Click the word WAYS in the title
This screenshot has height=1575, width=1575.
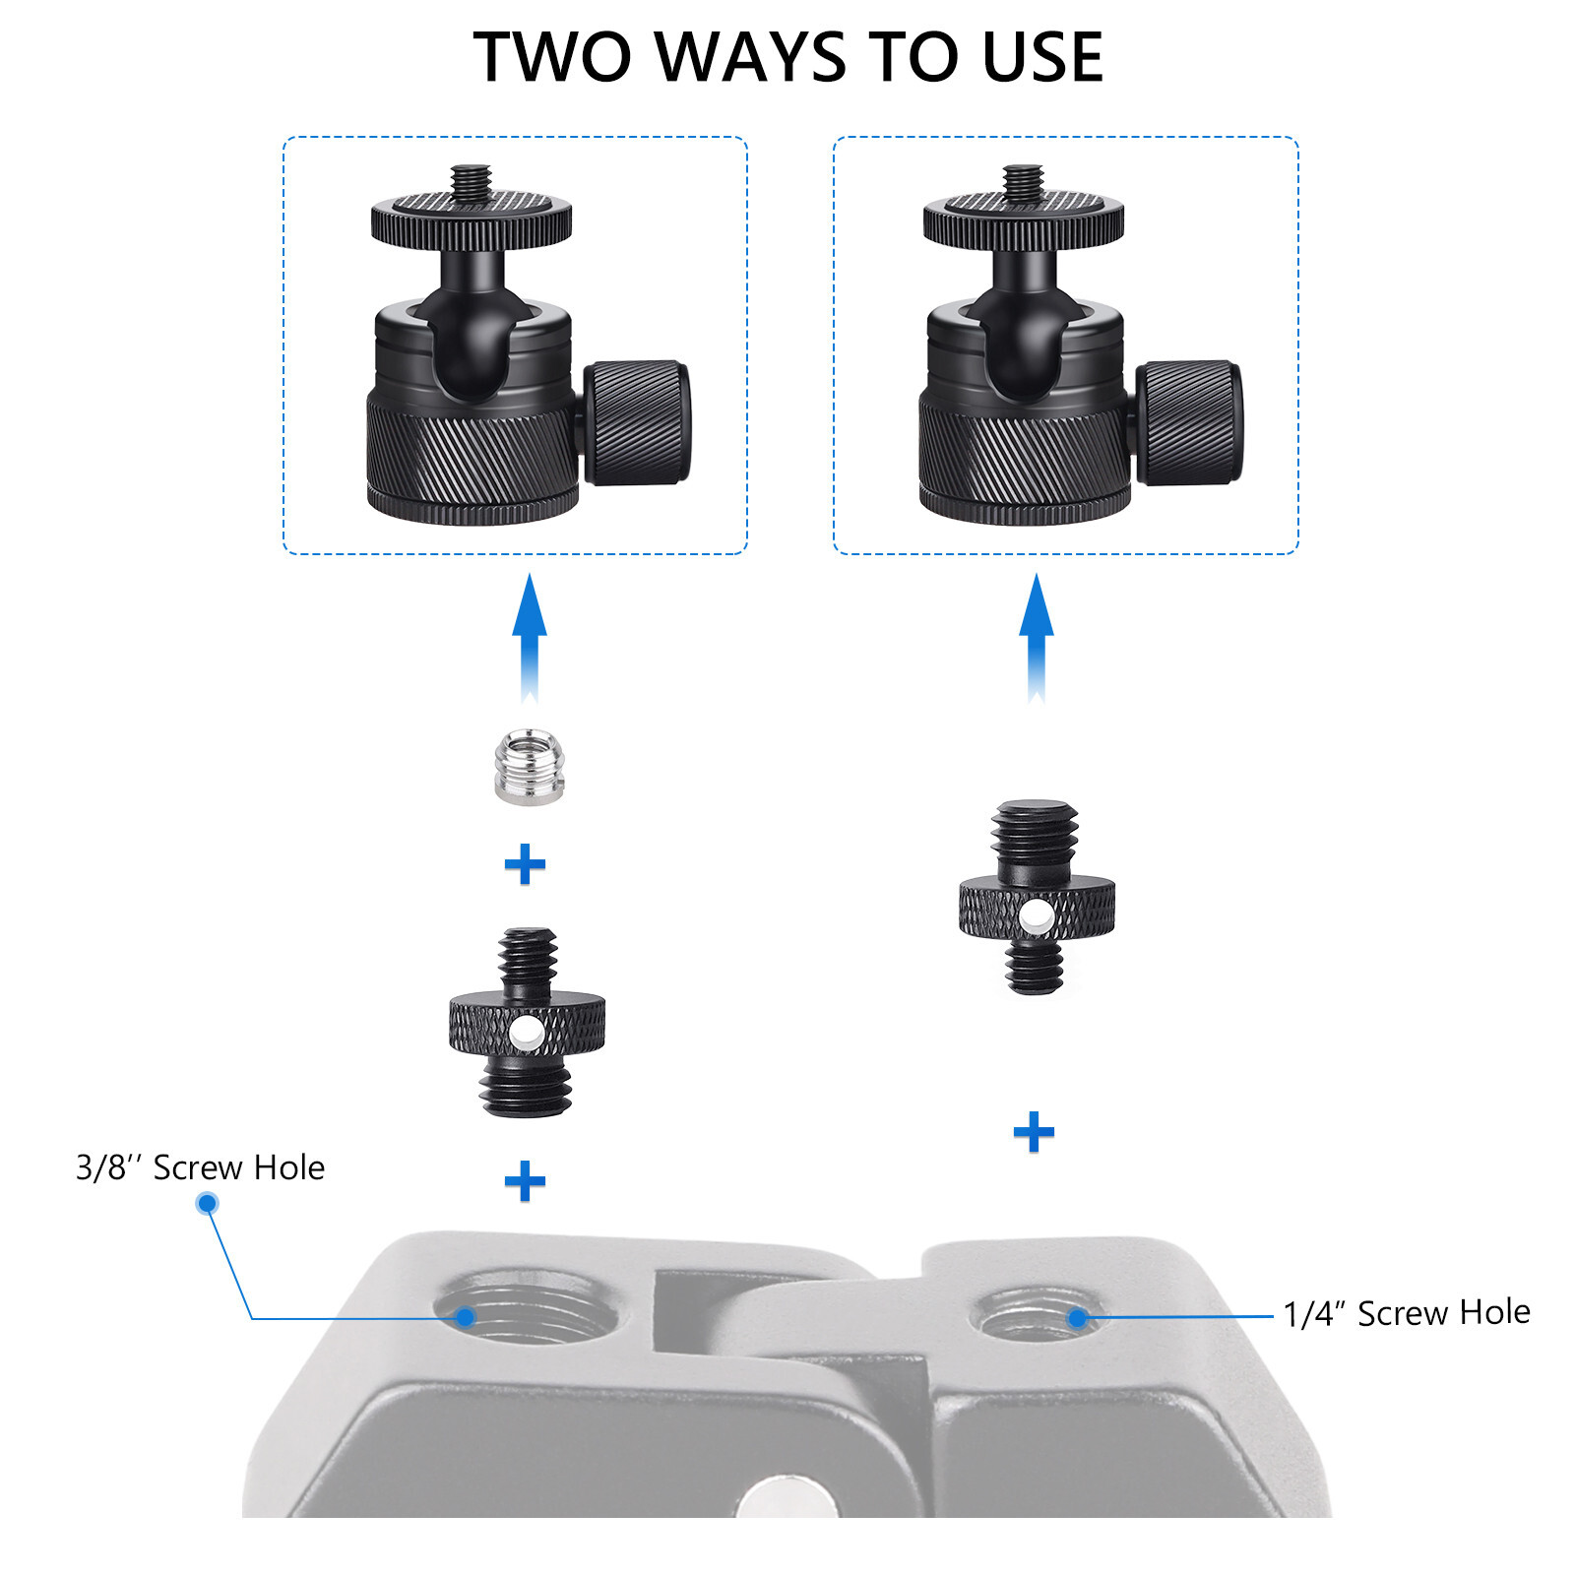pyautogui.click(x=754, y=57)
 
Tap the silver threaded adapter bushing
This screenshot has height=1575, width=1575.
pyautogui.click(x=529, y=767)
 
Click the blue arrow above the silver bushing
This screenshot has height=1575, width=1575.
pyautogui.click(x=530, y=638)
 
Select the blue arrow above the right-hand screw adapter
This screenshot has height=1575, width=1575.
pyautogui.click(x=1036, y=638)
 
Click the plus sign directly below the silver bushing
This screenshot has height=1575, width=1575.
pyautogui.click(x=525, y=864)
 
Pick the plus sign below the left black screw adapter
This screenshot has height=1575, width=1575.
pyautogui.click(x=525, y=1181)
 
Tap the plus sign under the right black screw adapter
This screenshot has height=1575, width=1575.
pyautogui.click(x=1034, y=1132)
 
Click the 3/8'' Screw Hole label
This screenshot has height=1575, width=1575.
pyautogui.click(x=200, y=1167)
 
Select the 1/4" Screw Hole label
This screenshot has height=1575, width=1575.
pyautogui.click(x=1407, y=1313)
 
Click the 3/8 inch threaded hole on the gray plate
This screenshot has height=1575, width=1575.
pyautogui.click(x=528, y=1307)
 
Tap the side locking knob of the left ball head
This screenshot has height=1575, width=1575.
pyautogui.click(x=637, y=422)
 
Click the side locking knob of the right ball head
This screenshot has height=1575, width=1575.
pyautogui.click(x=1189, y=422)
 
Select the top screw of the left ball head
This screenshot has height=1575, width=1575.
pyautogui.click(x=471, y=184)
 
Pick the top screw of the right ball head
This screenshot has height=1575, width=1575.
pyautogui.click(x=1023, y=184)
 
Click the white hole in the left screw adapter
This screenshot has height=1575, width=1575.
pyautogui.click(x=526, y=1033)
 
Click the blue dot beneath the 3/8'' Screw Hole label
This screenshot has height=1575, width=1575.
pyautogui.click(x=207, y=1203)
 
